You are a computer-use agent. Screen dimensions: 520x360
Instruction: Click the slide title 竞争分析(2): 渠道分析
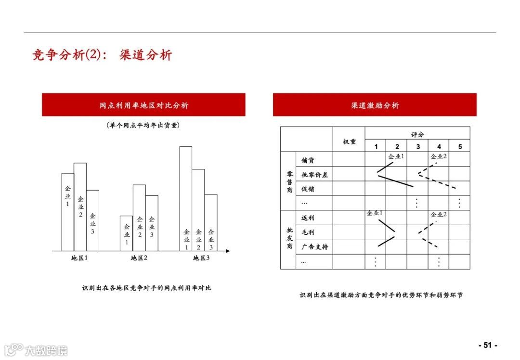[102, 55]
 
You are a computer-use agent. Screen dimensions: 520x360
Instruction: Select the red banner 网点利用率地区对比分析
[143, 105]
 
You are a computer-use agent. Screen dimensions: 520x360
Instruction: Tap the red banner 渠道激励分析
[375, 105]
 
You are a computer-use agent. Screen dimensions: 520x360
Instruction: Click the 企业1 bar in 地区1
[67, 212]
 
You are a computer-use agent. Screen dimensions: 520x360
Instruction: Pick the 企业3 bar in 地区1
[93, 220]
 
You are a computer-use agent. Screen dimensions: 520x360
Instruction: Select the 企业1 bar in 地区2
[127, 233]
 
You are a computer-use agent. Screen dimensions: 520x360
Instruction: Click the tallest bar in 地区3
[186, 198]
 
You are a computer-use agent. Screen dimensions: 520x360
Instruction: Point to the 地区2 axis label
[139, 258]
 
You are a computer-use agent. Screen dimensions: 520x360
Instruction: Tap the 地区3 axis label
[201, 258]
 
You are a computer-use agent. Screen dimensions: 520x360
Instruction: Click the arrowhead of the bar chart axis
[228, 251]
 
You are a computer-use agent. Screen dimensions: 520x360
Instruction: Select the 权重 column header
[349, 141]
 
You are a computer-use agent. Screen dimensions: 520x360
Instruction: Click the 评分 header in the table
[417, 134]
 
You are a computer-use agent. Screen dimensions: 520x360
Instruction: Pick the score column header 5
[459, 147]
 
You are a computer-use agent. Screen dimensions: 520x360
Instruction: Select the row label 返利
[308, 218]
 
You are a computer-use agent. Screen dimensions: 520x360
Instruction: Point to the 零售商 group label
[289, 181]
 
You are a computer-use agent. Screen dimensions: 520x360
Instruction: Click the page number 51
[487, 345]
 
